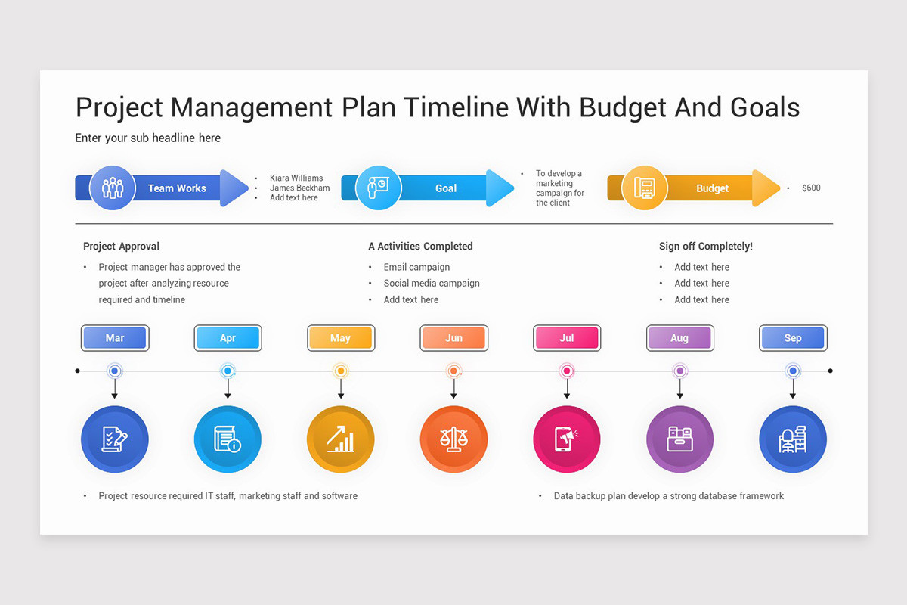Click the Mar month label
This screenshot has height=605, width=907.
[115, 338]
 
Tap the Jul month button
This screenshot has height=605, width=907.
[566, 338]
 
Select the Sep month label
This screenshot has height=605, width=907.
[793, 338]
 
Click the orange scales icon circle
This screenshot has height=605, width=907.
[453, 439]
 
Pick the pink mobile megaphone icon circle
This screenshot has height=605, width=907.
[566, 439]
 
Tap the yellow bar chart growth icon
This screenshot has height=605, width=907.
[341, 439]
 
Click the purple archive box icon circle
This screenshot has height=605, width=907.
[679, 439]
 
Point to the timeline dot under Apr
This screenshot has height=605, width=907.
[228, 371]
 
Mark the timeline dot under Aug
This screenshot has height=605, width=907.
[679, 371]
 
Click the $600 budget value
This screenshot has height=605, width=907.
[811, 188]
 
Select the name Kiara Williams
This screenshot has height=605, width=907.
[296, 178]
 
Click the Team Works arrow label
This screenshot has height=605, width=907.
[177, 188]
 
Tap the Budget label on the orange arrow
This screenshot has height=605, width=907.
[712, 188]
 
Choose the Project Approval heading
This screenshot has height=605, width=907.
[121, 246]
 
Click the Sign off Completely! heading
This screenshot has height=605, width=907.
[705, 246]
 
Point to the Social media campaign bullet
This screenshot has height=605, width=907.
[431, 283]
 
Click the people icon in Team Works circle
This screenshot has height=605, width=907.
[113, 188]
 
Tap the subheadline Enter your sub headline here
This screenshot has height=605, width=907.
[148, 138]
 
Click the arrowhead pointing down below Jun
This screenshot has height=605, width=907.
[453, 395]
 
